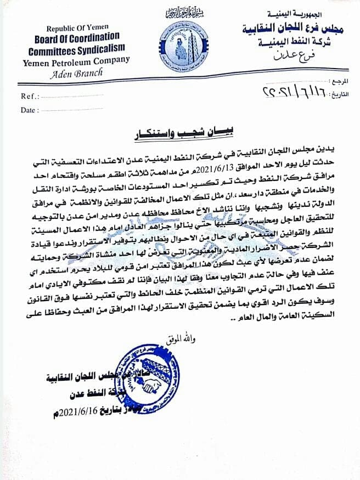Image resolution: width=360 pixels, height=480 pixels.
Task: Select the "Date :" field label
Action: click(x=31, y=110)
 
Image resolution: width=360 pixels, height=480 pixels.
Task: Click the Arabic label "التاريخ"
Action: click(x=338, y=94)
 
